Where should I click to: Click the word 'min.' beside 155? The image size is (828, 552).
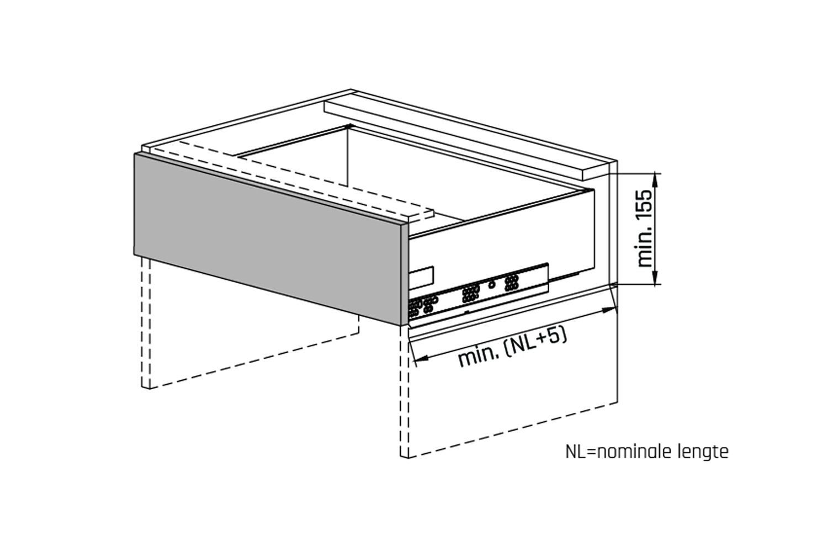coord(644,250)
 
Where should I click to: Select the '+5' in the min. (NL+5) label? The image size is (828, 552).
coord(552,340)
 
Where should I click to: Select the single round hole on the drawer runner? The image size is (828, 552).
coord(491,285)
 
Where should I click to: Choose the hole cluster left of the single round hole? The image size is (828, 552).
coord(470,294)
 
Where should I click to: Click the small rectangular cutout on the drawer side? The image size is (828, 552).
coord(421,278)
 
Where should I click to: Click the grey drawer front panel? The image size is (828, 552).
coord(267,239)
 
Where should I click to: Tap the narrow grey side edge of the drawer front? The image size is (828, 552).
coord(404,274)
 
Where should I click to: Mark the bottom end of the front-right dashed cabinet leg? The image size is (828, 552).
coord(405,457)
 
